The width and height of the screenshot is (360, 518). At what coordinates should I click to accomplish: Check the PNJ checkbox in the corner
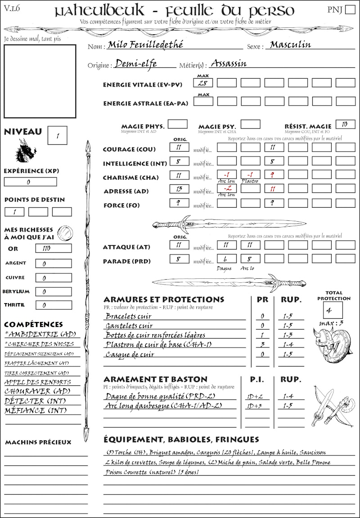tap(350, 10)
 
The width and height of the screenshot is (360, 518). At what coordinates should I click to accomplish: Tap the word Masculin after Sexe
tap(290, 45)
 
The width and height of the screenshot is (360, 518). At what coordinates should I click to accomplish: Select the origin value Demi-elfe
tap(136, 64)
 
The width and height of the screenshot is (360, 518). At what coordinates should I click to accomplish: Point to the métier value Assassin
tap(229, 63)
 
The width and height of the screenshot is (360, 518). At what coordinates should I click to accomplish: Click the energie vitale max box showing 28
tap(203, 83)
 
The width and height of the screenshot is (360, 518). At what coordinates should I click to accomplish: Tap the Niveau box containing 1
tap(58, 135)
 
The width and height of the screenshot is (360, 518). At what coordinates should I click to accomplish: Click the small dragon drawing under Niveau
tap(25, 151)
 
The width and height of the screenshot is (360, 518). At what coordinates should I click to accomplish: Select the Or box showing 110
tap(53, 248)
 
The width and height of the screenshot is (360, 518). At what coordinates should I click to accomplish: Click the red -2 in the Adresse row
tap(226, 189)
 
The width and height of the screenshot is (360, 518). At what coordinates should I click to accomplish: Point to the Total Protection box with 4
tap(333, 310)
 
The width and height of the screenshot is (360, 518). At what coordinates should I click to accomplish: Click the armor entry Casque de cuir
tap(130, 355)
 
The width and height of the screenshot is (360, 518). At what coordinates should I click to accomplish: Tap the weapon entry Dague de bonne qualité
tap(145, 396)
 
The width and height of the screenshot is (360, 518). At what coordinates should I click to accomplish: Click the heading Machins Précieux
tap(38, 442)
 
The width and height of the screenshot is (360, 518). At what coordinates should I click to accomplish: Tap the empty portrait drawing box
tap(40, 81)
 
